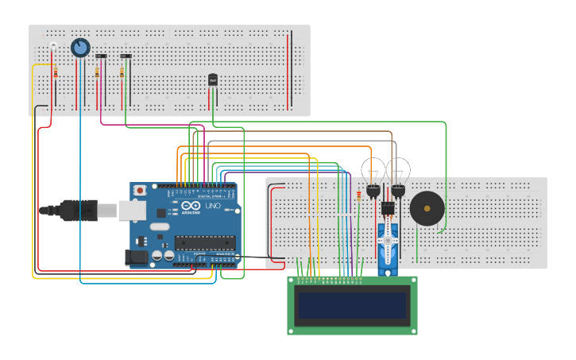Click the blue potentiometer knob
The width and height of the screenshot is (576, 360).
tap(80, 48)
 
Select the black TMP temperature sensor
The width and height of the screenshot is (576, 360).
tap(213, 79)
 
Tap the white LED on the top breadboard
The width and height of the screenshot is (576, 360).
tap(53, 46)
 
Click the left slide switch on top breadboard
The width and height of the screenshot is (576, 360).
tap(101, 56)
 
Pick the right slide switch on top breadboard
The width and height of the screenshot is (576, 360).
tap(126, 56)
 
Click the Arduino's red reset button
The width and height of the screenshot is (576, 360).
tap(140, 191)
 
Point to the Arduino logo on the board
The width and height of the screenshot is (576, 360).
tap(191, 207)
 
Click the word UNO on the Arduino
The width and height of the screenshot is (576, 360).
tap(213, 206)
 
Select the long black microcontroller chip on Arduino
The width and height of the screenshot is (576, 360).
tap(204, 242)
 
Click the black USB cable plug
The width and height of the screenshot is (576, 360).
tap(79, 210)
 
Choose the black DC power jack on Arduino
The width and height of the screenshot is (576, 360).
tap(136, 257)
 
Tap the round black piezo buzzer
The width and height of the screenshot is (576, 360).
tap(427, 208)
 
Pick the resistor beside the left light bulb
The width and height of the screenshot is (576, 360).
tap(359, 195)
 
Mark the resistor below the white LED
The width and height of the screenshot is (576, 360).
tap(56, 73)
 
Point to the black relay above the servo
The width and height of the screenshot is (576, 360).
tap(388, 208)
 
